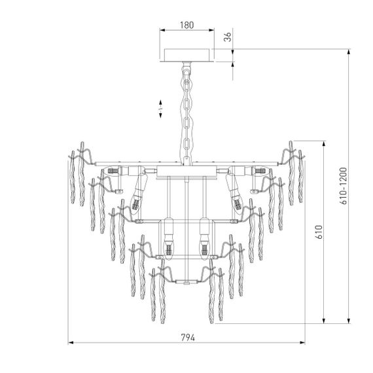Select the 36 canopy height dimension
point(227,37)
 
